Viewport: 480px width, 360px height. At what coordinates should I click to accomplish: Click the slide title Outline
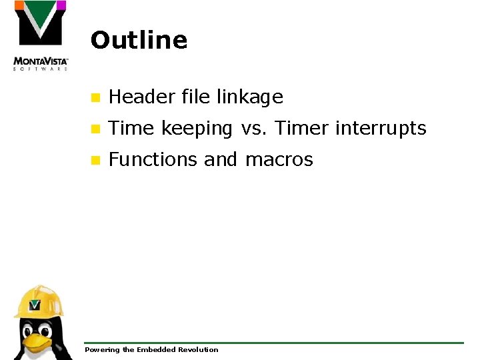139,40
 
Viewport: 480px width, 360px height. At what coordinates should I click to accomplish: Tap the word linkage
250,98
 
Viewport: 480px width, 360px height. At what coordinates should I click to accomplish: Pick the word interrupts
381,129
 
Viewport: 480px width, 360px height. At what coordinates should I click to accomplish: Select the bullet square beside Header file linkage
95,98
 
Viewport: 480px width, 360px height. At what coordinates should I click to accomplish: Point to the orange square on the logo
19,5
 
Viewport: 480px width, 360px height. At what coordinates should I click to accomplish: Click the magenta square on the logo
61,5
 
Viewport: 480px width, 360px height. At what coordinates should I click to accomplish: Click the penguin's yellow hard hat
38,302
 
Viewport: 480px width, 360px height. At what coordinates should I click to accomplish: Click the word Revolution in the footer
198,349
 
